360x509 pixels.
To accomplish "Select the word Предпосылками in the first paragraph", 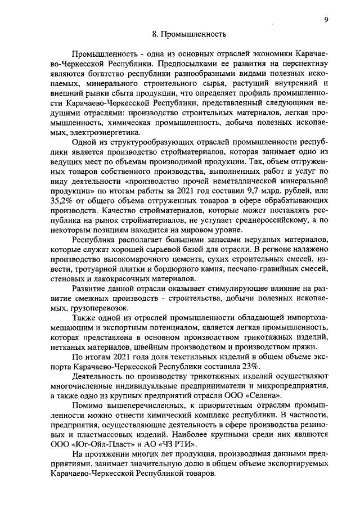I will [x=188, y=64].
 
